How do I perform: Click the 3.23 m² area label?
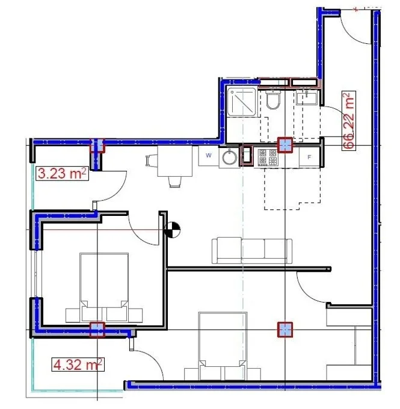[x=62, y=173]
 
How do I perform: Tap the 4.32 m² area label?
[x=78, y=364]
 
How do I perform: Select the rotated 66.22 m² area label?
[x=349, y=121]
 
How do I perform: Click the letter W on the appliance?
[x=209, y=155]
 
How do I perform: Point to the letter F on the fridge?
[x=309, y=157]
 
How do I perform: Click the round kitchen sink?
[x=230, y=158]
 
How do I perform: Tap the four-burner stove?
[x=268, y=157]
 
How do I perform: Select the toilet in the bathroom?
[x=273, y=99]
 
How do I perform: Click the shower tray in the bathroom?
[x=242, y=102]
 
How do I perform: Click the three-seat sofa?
[x=252, y=250]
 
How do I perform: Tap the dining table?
[x=175, y=161]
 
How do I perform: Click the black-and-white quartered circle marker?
[x=173, y=230]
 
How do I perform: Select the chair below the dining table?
[x=175, y=182]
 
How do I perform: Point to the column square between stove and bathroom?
[x=285, y=145]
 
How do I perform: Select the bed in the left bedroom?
[x=104, y=288]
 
